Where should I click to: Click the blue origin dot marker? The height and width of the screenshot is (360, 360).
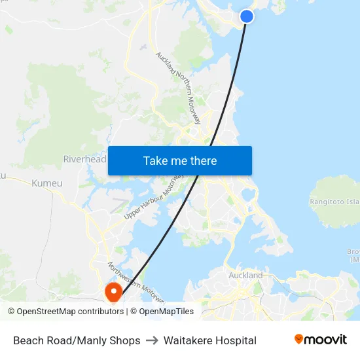pos(247,16)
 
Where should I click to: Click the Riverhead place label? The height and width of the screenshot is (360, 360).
pos(84,159)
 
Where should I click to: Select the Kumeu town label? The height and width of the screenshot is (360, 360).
pos(47,183)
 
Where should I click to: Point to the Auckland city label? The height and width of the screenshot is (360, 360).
pos(245,276)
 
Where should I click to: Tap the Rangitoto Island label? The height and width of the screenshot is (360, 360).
pos(335,202)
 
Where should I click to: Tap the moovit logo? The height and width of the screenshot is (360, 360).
pos(320,340)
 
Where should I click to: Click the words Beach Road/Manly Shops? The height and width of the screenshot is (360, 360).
pos(77,340)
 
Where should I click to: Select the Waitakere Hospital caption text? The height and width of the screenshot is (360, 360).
pos(209,340)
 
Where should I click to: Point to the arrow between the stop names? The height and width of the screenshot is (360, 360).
pos(152,340)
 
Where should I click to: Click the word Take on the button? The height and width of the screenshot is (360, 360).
pos(156,160)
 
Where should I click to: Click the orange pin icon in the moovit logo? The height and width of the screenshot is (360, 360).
pos(298,339)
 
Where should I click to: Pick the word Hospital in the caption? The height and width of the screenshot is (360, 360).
pos(234,340)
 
